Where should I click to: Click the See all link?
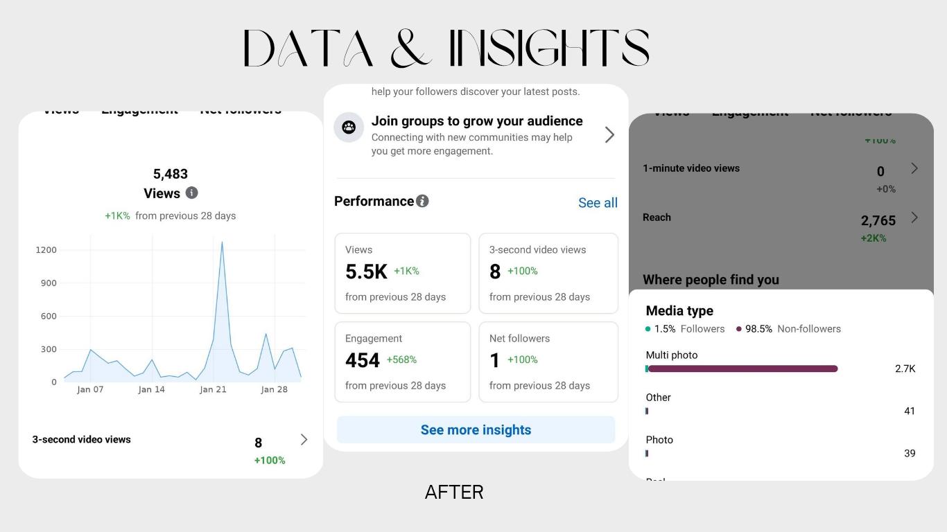[598, 203]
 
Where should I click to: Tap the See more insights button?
[476, 429]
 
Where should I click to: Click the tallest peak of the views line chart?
[222, 242]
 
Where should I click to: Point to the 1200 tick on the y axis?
[46, 250]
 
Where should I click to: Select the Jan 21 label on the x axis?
[213, 389]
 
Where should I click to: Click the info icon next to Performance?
[422, 201]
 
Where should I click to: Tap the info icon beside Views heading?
[192, 193]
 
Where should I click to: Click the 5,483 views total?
[171, 174]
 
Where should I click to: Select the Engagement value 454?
[363, 360]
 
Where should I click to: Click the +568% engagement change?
[401, 360]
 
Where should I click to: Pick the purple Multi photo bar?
[742, 369]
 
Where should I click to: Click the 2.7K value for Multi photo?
[905, 369]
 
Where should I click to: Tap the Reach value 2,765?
[878, 220]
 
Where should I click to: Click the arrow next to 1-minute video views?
[914, 168]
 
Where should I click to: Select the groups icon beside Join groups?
[349, 127]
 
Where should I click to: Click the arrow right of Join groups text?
[609, 134]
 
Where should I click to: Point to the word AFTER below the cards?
[454, 493]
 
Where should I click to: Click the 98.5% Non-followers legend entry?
[789, 329]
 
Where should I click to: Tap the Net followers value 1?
[494, 360]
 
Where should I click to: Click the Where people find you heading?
[711, 280]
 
